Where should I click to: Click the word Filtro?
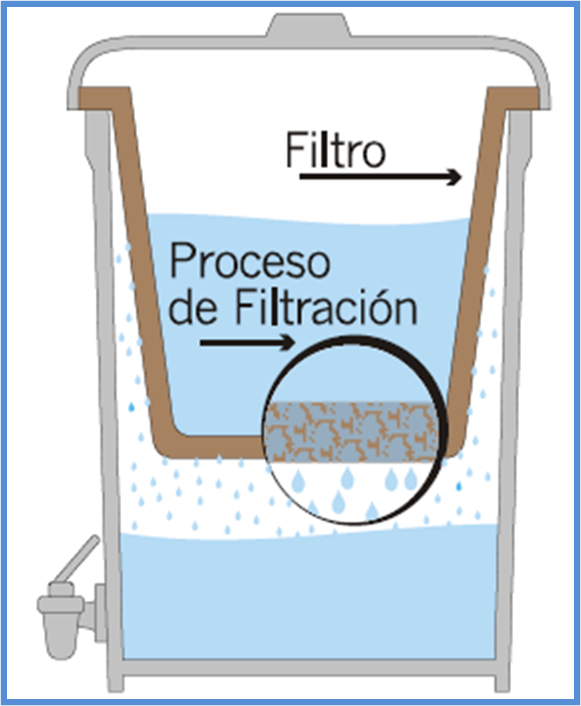336,149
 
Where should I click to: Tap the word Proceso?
250,262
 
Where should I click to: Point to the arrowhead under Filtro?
454,177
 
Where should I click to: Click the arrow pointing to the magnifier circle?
248,343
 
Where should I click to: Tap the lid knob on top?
309,25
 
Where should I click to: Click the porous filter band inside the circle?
351,432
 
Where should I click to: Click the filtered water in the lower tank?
311,599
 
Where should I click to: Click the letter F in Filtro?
295,150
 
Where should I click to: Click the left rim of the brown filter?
104,98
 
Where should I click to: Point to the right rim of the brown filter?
513,98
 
